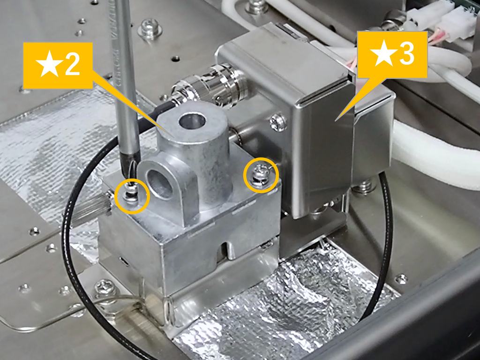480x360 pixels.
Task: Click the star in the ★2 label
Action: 49,64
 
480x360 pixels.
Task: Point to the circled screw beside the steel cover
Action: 261,175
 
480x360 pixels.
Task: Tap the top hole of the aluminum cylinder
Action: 192,121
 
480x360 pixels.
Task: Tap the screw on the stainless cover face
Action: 278,122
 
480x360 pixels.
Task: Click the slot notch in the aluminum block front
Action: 226,249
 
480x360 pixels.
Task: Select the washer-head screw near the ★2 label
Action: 150,30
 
